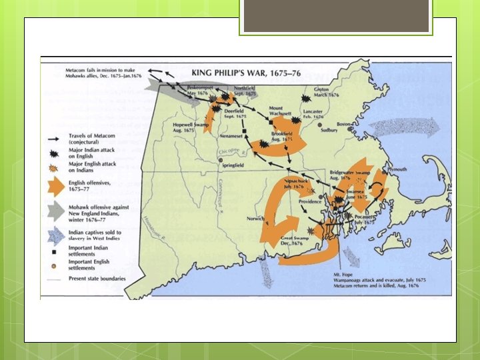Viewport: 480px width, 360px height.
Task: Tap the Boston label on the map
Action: [x=344, y=124]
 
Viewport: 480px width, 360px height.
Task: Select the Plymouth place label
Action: [x=397, y=169]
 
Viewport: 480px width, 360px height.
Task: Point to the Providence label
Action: [x=310, y=201]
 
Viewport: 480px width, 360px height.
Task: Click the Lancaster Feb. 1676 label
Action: [x=313, y=115]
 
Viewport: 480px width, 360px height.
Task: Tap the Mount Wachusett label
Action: [x=281, y=111]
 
